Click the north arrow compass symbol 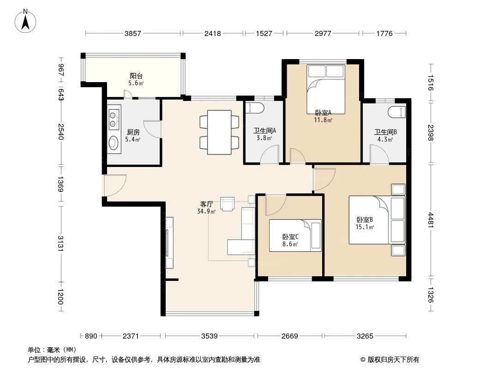coord(25,21)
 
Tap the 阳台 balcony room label coord(136,76)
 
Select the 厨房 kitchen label coord(133,132)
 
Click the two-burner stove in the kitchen coord(113,119)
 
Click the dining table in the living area coord(219,132)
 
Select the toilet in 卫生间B coord(396,112)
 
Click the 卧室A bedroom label coord(323,113)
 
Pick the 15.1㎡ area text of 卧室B coord(364,227)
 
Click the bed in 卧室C coord(295,235)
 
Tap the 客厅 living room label coord(206,204)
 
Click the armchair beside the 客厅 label coord(227,204)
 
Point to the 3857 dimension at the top coord(133,33)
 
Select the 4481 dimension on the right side coord(431,220)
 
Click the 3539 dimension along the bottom coord(209,336)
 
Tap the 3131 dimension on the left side coord(60,243)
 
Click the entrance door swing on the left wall coord(115,185)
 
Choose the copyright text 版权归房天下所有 coord(393,360)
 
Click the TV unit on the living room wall coord(169,243)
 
